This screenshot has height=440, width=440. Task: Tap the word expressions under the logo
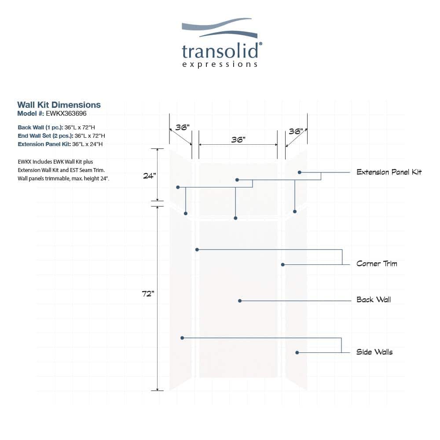point(220,65)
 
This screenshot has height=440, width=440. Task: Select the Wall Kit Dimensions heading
point(59,105)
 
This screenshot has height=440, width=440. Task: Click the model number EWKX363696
point(66,114)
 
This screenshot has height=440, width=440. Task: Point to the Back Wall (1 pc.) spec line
point(56,128)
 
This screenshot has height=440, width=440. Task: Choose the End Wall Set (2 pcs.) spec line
point(61,136)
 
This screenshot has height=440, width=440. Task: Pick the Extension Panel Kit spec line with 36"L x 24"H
point(60,144)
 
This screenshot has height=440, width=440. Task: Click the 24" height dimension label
point(149,176)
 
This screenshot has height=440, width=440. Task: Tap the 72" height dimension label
point(148,293)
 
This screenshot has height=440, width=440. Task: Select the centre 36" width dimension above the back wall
point(238,139)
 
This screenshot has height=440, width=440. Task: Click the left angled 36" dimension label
point(183,128)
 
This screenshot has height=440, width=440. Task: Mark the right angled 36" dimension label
point(296,131)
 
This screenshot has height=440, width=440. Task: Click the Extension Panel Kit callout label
point(389,172)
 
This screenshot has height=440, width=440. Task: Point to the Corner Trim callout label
point(377,264)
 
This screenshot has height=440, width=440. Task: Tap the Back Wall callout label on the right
point(374,300)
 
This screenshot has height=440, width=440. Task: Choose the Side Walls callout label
point(374,352)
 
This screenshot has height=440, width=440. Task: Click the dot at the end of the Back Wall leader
point(240,301)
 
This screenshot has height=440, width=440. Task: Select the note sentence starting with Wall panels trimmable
point(63,179)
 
